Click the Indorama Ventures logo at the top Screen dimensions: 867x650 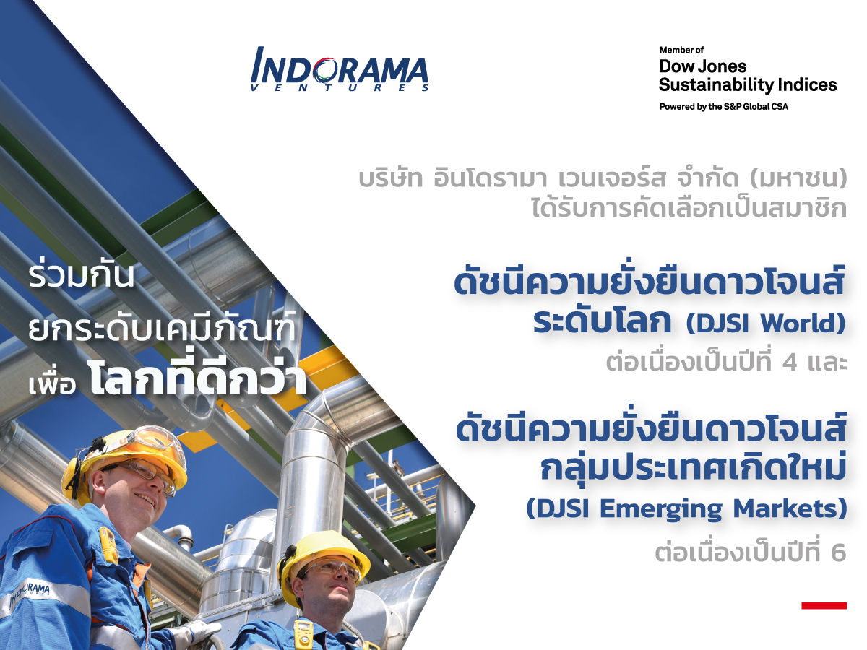(x=340, y=69)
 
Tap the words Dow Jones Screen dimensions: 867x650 (x=703, y=66)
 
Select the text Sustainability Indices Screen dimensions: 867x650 (x=748, y=85)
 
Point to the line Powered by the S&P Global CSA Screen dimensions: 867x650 (x=724, y=107)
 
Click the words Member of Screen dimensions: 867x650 (x=681, y=50)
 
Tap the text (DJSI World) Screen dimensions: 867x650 (x=766, y=324)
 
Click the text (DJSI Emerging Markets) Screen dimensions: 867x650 (x=686, y=509)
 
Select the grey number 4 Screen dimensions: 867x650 (x=790, y=363)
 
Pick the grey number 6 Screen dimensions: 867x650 (x=839, y=552)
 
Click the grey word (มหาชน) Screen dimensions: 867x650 (x=798, y=178)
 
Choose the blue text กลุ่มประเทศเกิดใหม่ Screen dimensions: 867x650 (x=693, y=467)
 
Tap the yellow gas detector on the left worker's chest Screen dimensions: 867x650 (x=108, y=545)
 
